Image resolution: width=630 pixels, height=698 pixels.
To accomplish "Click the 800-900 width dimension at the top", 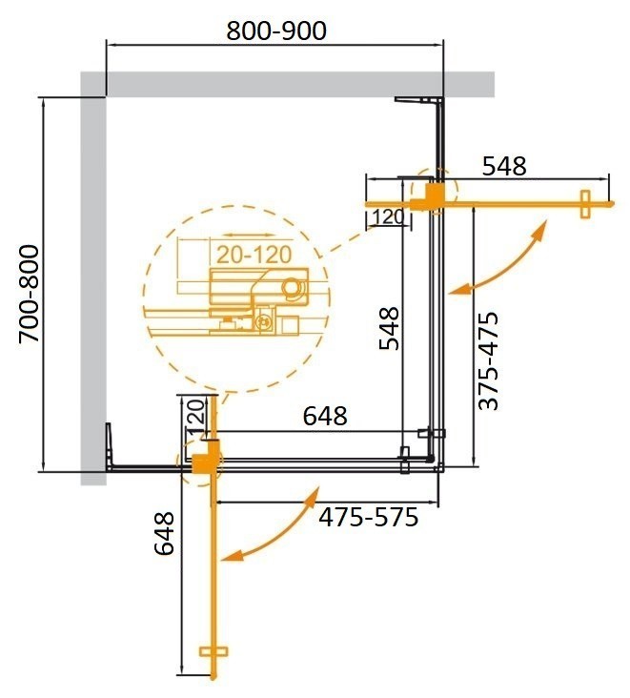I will pyautogui.click(x=276, y=31).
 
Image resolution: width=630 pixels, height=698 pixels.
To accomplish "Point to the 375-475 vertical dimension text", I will pyautogui.click(x=488, y=360).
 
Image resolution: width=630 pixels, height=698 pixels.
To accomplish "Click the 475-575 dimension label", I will pyautogui.click(x=368, y=518).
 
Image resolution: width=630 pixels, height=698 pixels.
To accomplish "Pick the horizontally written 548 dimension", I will pyautogui.click(x=503, y=166).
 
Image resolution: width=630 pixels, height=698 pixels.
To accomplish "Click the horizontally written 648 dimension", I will pyautogui.click(x=325, y=416).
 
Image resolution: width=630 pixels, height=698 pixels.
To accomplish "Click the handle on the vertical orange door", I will pyautogui.click(x=216, y=653).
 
